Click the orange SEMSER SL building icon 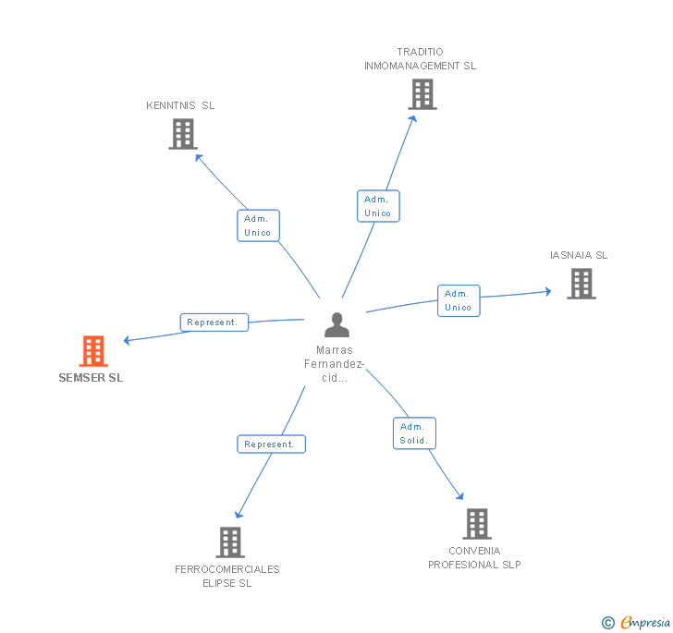(x=93, y=351)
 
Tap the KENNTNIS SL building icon (x=183, y=134)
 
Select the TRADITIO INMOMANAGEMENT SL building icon (x=422, y=94)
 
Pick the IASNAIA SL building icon (x=581, y=284)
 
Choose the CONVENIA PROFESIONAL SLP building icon (x=476, y=524)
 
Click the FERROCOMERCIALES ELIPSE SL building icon (x=229, y=542)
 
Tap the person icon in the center (x=336, y=325)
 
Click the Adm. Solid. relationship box (x=413, y=433)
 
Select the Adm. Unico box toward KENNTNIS (x=258, y=225)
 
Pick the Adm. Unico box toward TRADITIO (x=377, y=206)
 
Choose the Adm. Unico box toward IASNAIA (x=458, y=300)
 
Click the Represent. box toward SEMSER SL (x=214, y=323)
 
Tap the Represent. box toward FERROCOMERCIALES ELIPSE (x=271, y=444)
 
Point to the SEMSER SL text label (x=91, y=378)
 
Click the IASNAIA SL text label (x=579, y=255)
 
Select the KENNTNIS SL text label (x=180, y=105)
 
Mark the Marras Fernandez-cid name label (x=335, y=364)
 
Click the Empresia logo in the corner (x=636, y=623)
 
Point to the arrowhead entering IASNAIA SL (x=546, y=292)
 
